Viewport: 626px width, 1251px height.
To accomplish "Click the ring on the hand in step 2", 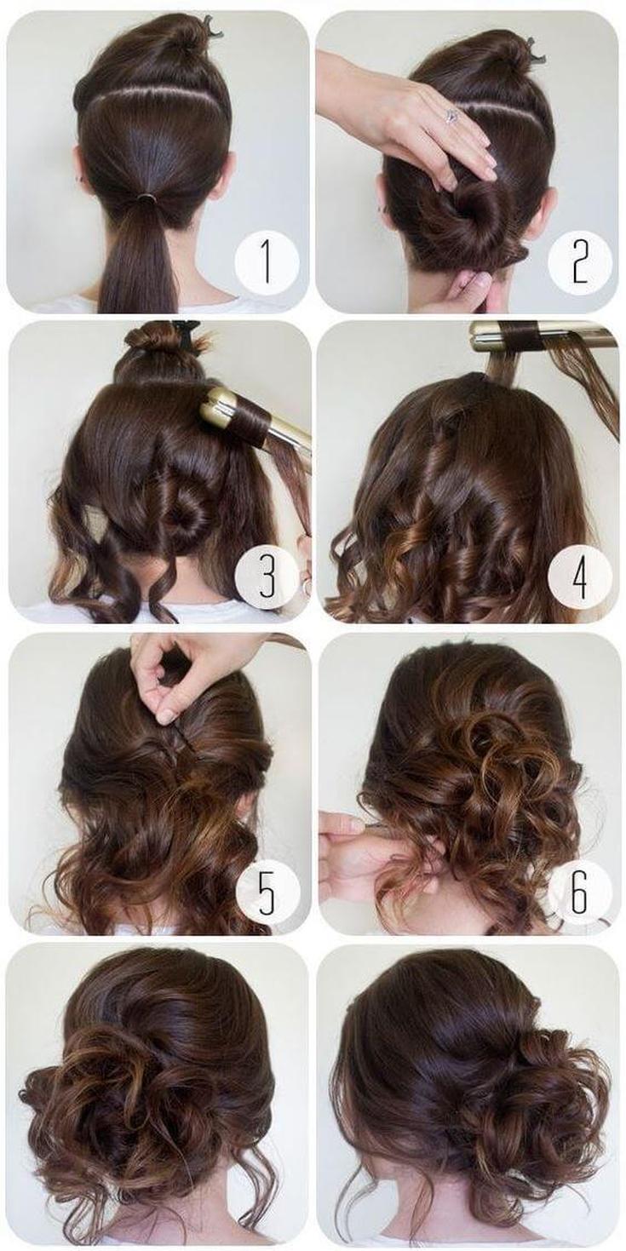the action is tap(450, 116).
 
